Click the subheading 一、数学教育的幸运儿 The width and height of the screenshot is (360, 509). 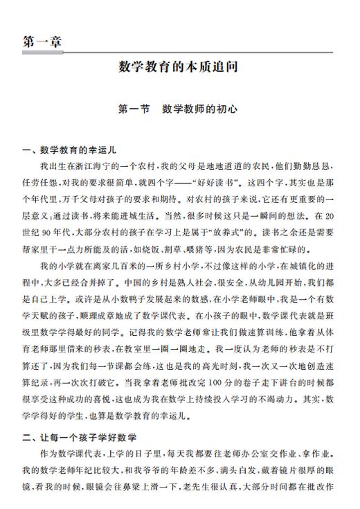pyautogui.click(x=66, y=150)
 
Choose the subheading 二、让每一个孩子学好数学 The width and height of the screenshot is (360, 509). pyautogui.click(x=78, y=438)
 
